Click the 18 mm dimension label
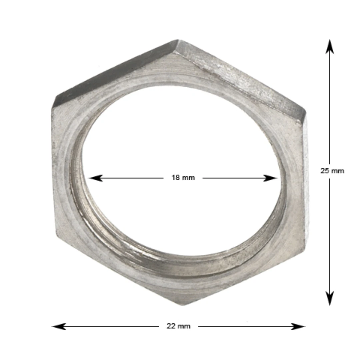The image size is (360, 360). (x=183, y=178)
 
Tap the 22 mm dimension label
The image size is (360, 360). (x=178, y=326)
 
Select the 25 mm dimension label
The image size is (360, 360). (x=332, y=171)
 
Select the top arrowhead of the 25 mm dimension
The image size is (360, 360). (x=330, y=47)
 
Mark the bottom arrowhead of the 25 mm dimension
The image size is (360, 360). (x=330, y=298)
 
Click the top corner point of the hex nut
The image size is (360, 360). (x=178, y=39)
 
